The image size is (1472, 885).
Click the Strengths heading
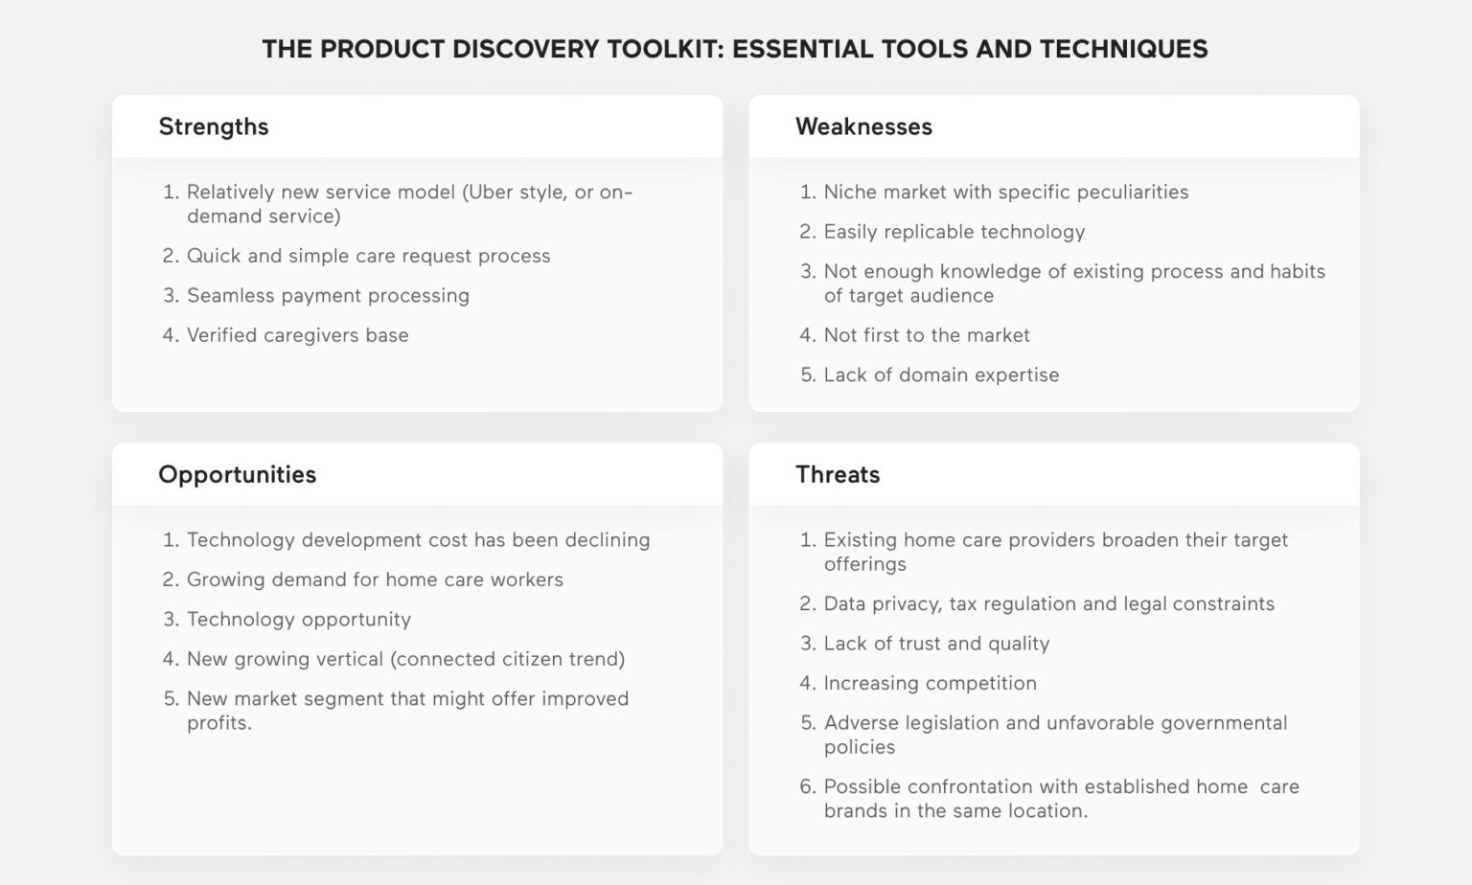213,126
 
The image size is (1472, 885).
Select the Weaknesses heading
863,126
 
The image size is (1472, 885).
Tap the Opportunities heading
237,474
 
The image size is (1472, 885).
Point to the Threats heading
838,474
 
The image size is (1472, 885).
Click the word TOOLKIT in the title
659,49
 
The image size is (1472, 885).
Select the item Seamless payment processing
328,295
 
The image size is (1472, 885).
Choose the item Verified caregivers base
297,335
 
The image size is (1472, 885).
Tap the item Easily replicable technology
954,232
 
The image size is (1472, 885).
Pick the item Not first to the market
927,335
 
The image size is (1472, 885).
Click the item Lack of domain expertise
941,374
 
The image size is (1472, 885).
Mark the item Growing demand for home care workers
375,579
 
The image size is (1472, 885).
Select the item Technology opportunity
298,619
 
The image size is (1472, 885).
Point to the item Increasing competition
930,683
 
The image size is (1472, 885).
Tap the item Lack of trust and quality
936,644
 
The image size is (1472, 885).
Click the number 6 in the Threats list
807,786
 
